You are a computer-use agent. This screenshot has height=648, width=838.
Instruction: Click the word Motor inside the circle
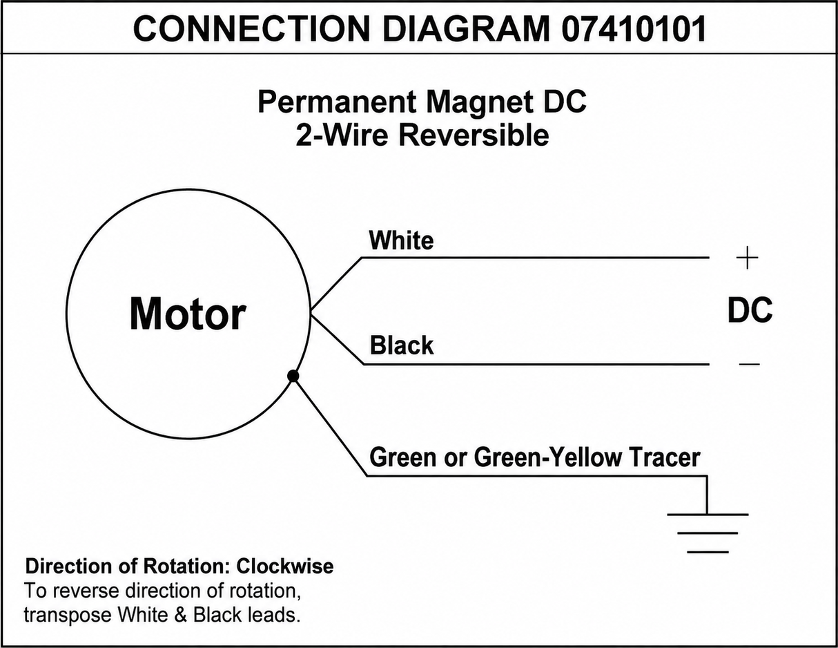tap(188, 314)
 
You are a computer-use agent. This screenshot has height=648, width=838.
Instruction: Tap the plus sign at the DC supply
tap(747, 258)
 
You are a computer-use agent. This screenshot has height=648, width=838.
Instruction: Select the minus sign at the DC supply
tap(750, 364)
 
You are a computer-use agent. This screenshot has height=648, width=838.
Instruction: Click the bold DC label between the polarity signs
tap(750, 310)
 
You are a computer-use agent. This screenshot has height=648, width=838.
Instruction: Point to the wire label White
tap(401, 240)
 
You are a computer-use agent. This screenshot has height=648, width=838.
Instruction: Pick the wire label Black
tap(402, 345)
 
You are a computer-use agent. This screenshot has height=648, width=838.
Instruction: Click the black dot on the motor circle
tap(293, 375)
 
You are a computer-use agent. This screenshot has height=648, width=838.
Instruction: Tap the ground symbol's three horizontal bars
tap(708, 533)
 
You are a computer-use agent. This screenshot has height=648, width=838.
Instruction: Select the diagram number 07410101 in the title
tap(633, 28)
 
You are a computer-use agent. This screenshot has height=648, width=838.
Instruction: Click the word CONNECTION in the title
tap(251, 28)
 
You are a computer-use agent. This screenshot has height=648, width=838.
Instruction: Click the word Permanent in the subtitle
tap(337, 102)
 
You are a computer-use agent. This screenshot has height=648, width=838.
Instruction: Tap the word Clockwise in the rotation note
tap(285, 566)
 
